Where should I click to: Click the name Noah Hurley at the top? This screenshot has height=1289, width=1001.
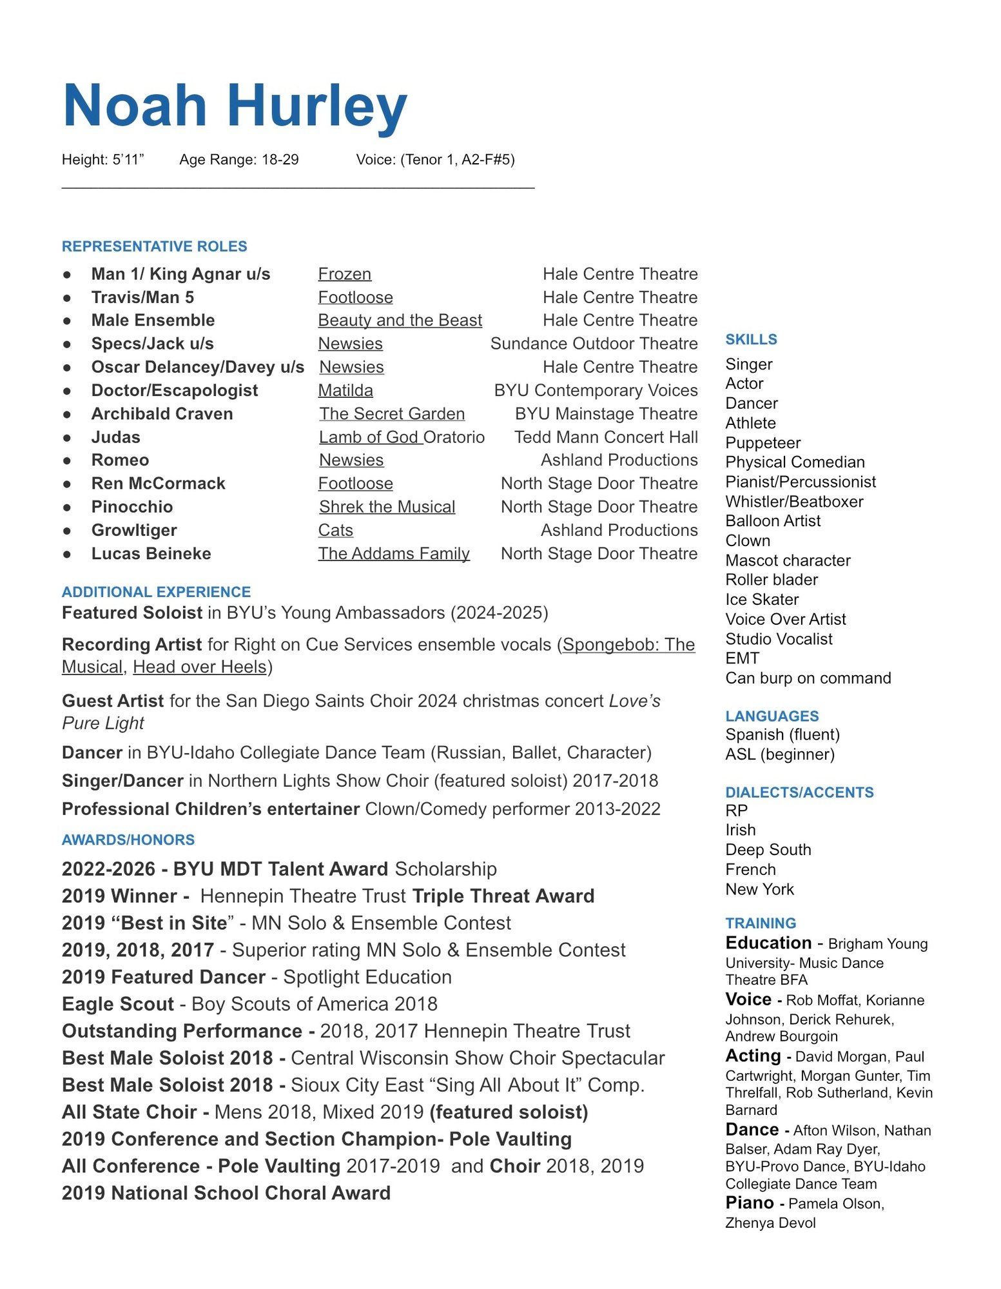click(235, 106)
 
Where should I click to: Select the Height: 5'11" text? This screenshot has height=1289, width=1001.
click(102, 159)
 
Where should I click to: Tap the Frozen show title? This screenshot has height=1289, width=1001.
click(345, 274)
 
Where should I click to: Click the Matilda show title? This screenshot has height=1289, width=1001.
click(345, 390)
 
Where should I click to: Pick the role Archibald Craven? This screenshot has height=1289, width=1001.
click(162, 413)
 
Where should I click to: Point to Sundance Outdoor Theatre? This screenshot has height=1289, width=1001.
click(594, 344)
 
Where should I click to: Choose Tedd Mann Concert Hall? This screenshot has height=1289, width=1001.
click(606, 437)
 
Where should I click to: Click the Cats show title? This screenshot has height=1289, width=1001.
click(336, 530)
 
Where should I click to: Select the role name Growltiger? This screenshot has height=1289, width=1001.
click(134, 530)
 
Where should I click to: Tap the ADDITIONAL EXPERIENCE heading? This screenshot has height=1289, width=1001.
click(156, 592)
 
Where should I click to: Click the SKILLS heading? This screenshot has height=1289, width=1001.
click(751, 339)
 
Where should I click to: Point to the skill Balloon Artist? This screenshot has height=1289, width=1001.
click(773, 521)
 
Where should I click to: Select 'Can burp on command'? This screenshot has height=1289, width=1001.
click(808, 678)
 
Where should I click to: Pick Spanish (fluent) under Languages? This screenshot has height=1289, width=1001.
click(782, 734)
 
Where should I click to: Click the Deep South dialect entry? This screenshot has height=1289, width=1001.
click(768, 850)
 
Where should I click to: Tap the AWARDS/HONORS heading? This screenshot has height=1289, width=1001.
click(128, 840)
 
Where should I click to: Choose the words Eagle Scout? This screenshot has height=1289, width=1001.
click(118, 1004)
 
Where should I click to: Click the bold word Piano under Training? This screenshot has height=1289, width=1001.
click(749, 1203)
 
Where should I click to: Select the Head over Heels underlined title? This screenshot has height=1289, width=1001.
click(200, 667)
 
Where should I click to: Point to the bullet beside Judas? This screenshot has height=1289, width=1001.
click(67, 438)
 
